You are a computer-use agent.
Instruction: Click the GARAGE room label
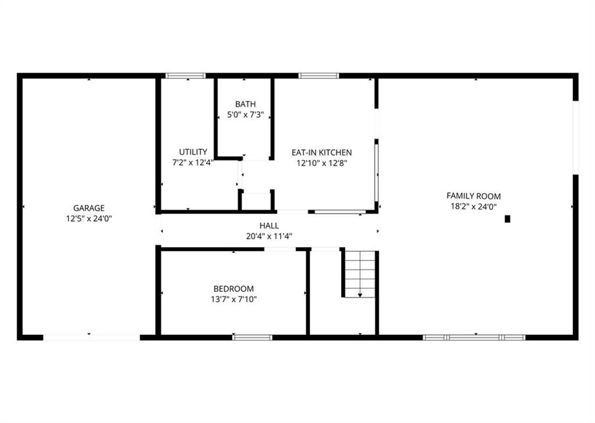tap(89, 208)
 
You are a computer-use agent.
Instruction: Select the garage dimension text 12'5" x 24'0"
tap(89, 219)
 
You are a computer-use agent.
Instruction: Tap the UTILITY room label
tap(193, 152)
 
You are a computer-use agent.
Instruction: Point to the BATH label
tap(245, 104)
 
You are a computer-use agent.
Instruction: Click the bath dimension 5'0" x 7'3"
tap(245, 115)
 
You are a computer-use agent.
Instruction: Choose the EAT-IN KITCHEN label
tap(321, 153)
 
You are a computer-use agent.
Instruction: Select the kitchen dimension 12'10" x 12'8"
tap(321, 163)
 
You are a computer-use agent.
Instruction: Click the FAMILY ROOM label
tap(473, 196)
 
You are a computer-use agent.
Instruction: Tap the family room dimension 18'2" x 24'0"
tap(473, 207)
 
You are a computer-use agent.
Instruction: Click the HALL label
tap(269, 225)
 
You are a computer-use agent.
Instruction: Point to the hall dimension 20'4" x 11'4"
tap(269, 236)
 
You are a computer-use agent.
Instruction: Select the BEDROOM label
tap(234, 289)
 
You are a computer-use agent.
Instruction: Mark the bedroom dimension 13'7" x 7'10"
tap(234, 299)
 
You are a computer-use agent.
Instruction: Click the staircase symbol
tap(360, 273)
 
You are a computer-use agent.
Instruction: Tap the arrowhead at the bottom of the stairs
tap(360, 295)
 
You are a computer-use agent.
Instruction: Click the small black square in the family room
tap(507, 219)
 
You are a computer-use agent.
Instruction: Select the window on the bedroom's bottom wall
tap(252, 337)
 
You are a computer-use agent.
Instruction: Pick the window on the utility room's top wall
tap(185, 75)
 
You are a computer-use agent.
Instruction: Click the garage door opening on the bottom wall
tap(91, 337)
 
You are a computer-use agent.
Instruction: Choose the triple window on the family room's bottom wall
tap(474, 337)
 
